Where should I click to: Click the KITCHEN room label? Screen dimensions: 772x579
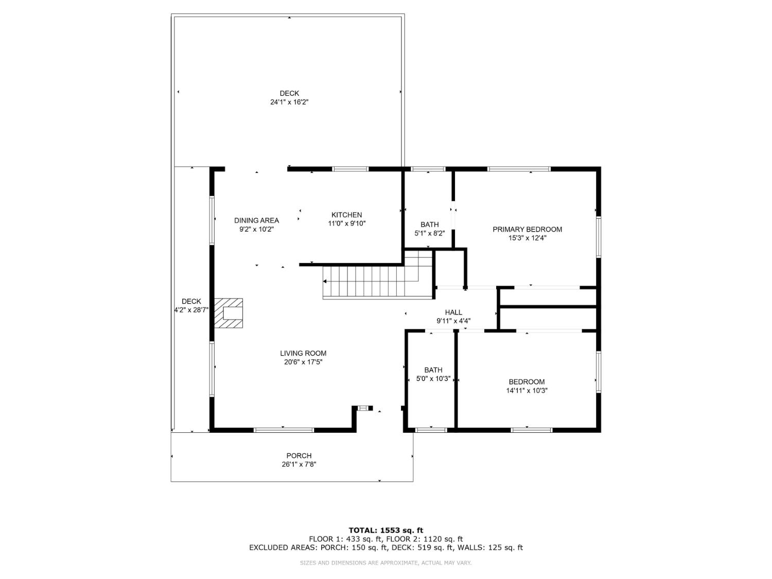coord(346,215)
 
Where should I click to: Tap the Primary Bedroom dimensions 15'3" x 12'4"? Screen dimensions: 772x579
coord(527,238)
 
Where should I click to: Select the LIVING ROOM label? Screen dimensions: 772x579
coord(303,353)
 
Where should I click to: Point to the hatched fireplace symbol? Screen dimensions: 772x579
coord(229,313)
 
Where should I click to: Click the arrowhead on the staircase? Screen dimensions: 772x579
coord(325,281)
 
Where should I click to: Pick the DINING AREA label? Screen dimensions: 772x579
coord(256,220)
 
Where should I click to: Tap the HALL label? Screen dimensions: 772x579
coord(453,312)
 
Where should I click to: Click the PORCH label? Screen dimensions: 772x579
coord(299,455)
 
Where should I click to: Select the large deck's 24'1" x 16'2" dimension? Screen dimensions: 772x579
coord(289,102)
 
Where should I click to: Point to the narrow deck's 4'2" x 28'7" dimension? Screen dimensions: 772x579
coord(191,310)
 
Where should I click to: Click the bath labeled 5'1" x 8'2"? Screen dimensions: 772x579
coord(429,224)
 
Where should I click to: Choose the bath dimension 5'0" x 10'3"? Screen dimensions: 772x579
coord(433,379)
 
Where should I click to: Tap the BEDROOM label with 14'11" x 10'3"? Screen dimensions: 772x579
coord(527,382)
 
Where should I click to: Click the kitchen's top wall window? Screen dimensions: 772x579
coord(350,169)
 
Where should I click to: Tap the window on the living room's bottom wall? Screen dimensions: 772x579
coord(284,430)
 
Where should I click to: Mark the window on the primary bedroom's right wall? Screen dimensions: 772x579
coord(598,237)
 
